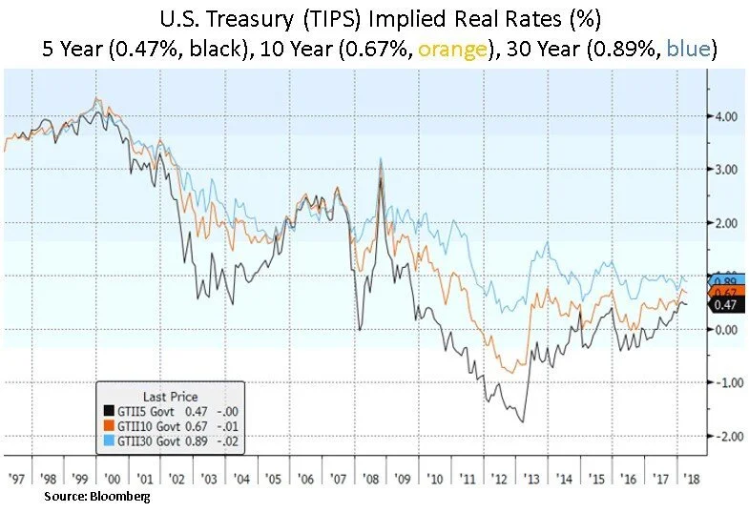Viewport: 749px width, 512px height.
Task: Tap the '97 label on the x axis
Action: coord(15,478)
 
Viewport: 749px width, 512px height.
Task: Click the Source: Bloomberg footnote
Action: coord(97,497)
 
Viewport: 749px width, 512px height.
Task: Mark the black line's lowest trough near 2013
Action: coord(522,420)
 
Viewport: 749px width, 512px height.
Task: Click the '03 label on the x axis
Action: coord(210,478)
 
